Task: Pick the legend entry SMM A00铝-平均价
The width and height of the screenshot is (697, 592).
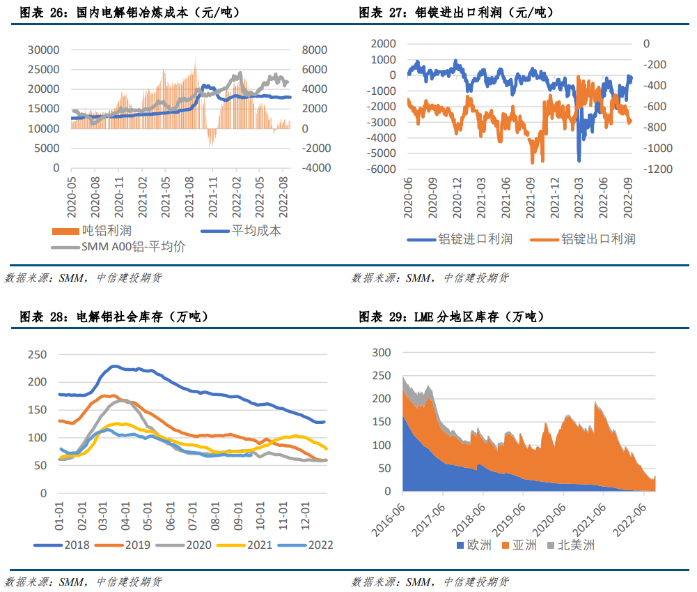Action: pyautogui.click(x=133, y=247)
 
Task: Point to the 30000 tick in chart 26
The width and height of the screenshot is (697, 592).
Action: pyautogui.click(x=44, y=50)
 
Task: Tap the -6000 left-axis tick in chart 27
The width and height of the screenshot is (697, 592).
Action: pyautogui.click(x=380, y=169)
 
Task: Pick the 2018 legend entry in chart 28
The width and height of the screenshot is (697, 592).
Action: pyautogui.click(x=77, y=545)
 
